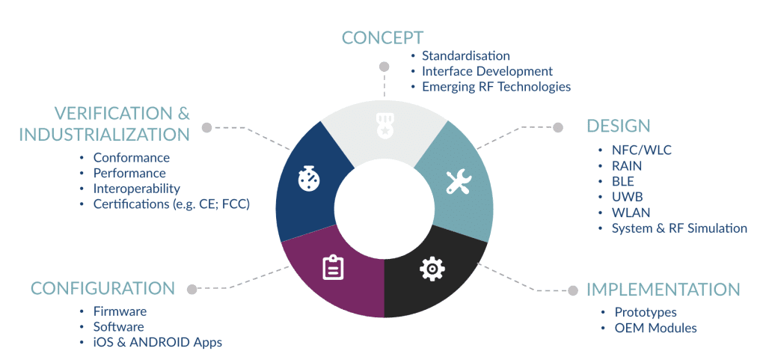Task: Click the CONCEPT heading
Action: [x=382, y=37]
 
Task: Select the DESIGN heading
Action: [x=619, y=126]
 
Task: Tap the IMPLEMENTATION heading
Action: [x=664, y=290]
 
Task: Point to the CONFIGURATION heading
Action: [x=102, y=288]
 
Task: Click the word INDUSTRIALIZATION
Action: [x=104, y=134]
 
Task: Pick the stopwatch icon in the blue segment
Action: [x=309, y=179]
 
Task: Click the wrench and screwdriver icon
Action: [x=459, y=183]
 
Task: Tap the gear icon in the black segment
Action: [x=432, y=268]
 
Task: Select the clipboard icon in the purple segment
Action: [x=333, y=267]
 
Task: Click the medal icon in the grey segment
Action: [x=384, y=125]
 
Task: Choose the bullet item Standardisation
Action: [x=466, y=55]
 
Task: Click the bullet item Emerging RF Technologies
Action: [x=497, y=87]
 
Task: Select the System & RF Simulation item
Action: [x=679, y=228]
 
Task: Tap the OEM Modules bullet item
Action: [x=655, y=328]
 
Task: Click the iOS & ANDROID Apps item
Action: [x=158, y=343]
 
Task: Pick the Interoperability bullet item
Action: [x=137, y=189]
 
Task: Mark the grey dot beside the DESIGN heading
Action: [x=558, y=127]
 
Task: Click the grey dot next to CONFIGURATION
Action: [x=192, y=289]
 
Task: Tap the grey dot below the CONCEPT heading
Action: [x=384, y=67]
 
